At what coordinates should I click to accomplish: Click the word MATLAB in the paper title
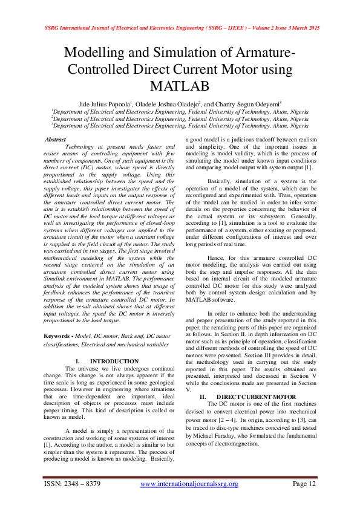pyautogui.click(x=180, y=85)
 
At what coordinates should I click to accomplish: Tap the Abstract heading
pyautogui.click(x=56, y=140)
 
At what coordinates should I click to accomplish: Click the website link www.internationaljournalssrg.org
pyautogui.click(x=189, y=484)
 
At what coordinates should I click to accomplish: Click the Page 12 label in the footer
pyautogui.click(x=304, y=484)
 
